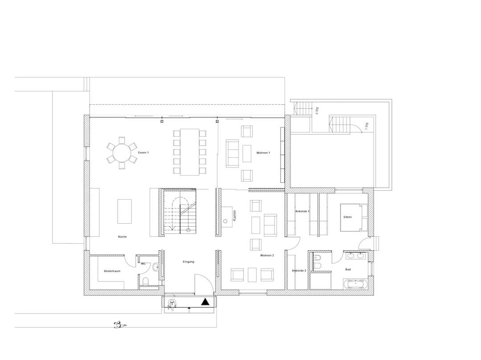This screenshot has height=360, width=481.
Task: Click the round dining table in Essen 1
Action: tap(122, 153)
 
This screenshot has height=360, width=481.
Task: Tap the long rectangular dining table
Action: tap(190, 152)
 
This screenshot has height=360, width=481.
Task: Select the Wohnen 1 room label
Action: tap(263, 153)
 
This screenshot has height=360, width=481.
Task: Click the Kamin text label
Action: tap(235, 216)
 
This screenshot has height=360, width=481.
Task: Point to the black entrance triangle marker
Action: tap(205, 302)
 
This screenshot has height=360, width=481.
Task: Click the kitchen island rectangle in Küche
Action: tap(125, 212)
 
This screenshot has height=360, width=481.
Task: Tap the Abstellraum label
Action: tap(112, 271)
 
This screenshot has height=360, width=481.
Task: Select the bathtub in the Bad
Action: tap(355, 284)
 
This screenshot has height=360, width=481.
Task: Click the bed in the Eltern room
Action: tap(354, 217)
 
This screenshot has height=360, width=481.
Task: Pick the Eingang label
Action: tap(188, 262)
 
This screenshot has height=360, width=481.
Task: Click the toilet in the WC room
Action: tap(146, 281)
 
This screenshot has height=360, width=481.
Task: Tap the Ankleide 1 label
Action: tap(302, 212)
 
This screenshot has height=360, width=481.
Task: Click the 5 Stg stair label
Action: tap(317, 110)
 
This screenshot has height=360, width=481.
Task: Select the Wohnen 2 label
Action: tap(267, 255)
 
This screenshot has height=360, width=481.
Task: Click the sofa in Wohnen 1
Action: tap(232, 153)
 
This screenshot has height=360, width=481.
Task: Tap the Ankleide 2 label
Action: tap(299, 271)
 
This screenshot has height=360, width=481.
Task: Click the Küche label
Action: tap(122, 237)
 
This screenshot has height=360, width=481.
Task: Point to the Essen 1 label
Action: tap(143, 152)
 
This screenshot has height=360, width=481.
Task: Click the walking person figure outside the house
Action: tap(120, 325)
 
